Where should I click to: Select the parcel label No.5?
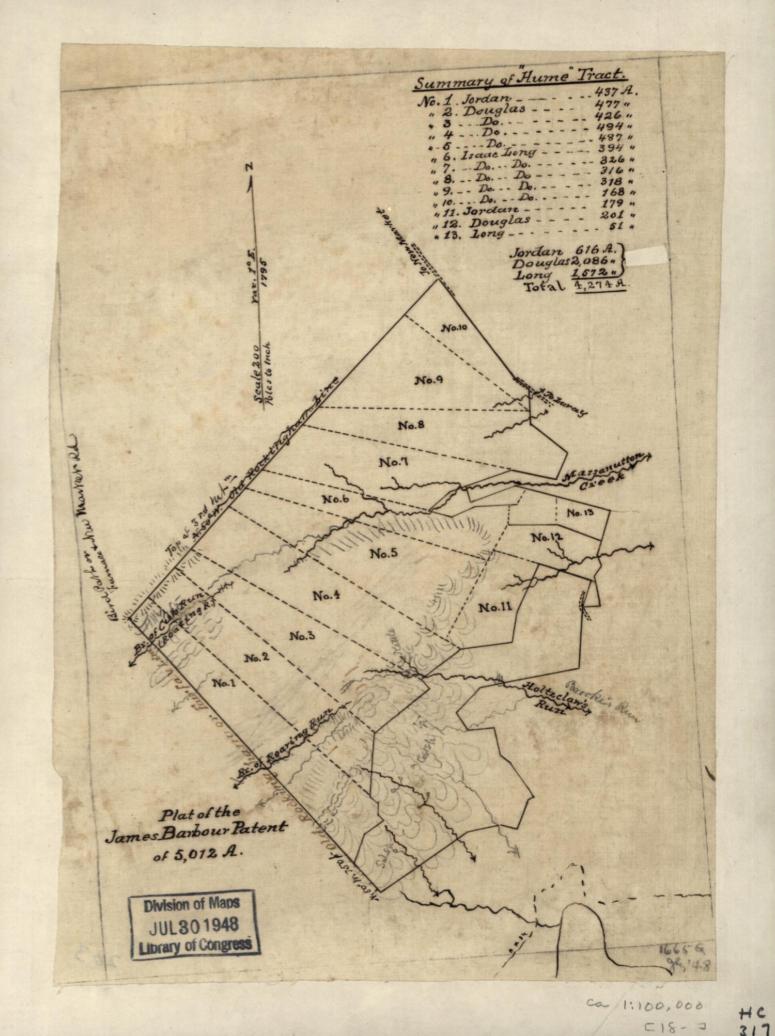pos(383,554)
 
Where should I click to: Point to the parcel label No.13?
pos(580,513)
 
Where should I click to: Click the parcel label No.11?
pos(495,608)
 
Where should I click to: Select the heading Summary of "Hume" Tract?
pos(522,79)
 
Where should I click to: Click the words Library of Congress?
pos(194,945)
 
